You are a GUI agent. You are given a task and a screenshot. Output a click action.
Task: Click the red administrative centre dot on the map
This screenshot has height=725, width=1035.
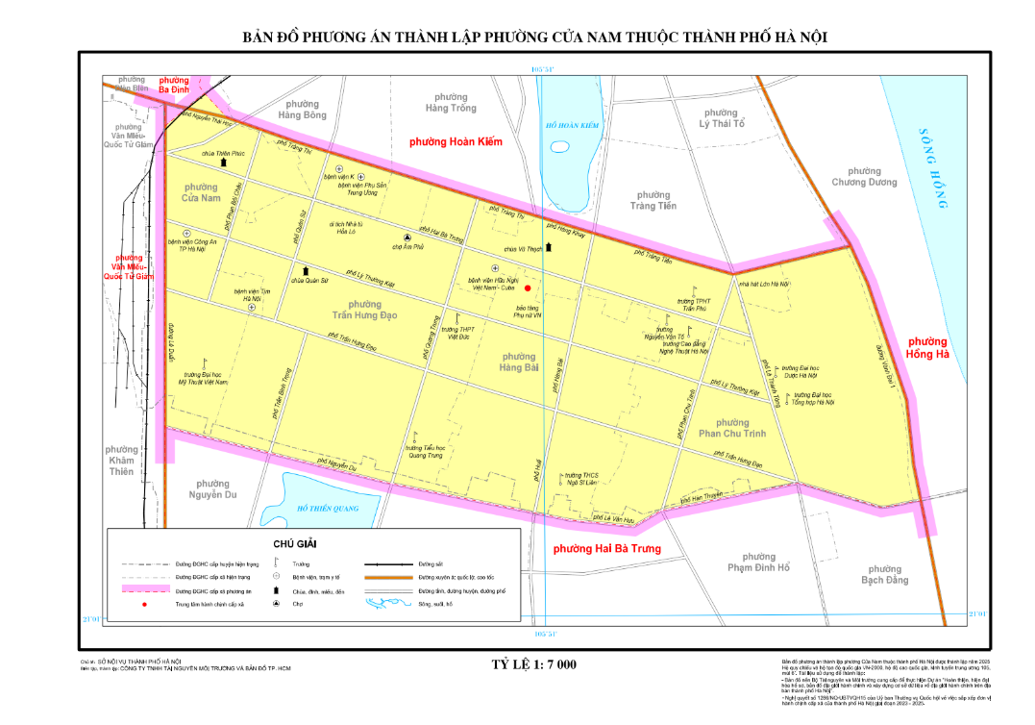(x=528, y=287)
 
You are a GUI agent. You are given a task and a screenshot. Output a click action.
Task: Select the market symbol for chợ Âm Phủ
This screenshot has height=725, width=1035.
(x=407, y=237)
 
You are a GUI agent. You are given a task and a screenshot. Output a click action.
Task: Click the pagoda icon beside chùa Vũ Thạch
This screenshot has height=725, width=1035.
(x=549, y=247)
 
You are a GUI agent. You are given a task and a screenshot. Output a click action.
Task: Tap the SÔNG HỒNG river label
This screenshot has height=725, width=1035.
(x=935, y=167)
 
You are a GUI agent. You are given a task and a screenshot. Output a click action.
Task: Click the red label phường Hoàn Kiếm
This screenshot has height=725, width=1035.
(x=456, y=142)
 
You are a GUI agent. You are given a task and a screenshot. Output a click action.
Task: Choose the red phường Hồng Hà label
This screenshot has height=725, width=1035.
(x=927, y=347)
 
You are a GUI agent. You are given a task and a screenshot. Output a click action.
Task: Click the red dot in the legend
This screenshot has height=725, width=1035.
(x=144, y=605)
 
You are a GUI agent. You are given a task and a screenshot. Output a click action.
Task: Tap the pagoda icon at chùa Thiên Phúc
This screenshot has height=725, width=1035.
(x=224, y=162)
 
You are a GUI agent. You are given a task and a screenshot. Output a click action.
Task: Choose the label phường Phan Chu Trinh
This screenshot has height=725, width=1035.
(x=732, y=428)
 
